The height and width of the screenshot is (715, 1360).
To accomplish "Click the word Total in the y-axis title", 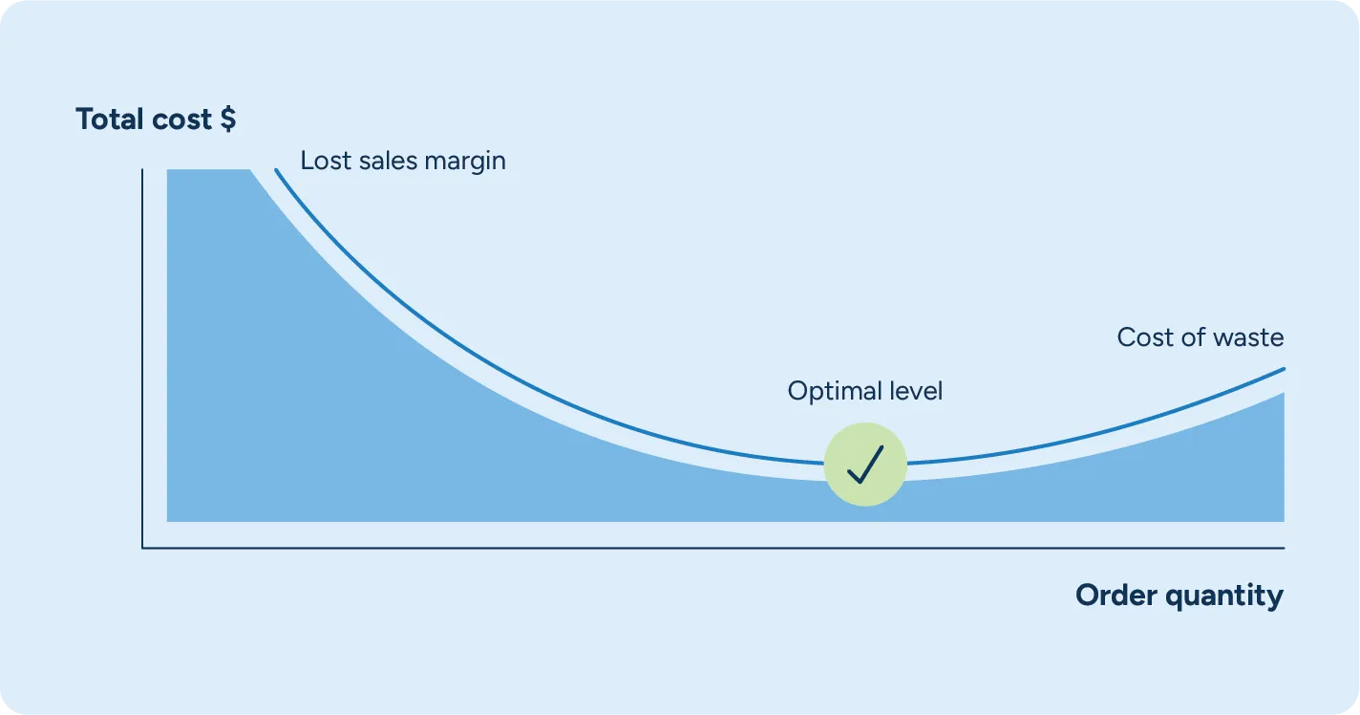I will (x=111, y=119).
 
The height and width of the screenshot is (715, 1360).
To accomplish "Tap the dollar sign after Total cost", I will (x=227, y=119).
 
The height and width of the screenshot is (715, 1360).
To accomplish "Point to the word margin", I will (x=468, y=162).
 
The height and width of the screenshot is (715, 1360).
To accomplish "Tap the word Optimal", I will (x=828, y=391).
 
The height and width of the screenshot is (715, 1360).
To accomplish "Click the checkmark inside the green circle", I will (x=865, y=465).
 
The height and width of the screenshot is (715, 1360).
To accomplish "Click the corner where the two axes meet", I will (x=142, y=548).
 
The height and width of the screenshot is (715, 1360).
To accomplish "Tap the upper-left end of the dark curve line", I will (x=277, y=171).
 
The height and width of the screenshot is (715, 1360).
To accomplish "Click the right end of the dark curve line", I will (x=1283, y=369).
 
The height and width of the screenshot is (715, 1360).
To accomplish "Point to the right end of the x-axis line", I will (x=1283, y=548).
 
